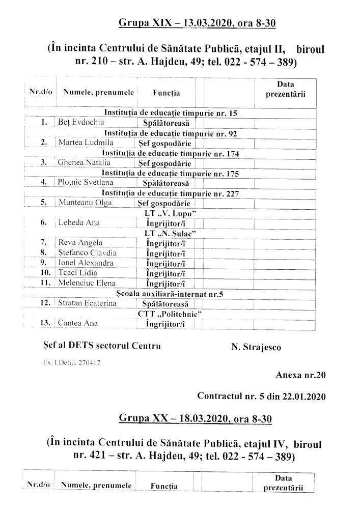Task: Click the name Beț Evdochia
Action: (x=81, y=122)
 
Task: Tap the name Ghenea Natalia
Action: (x=85, y=163)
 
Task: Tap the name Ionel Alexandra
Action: (x=85, y=263)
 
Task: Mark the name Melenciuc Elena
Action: (x=87, y=283)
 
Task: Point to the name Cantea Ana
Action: (x=78, y=323)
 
